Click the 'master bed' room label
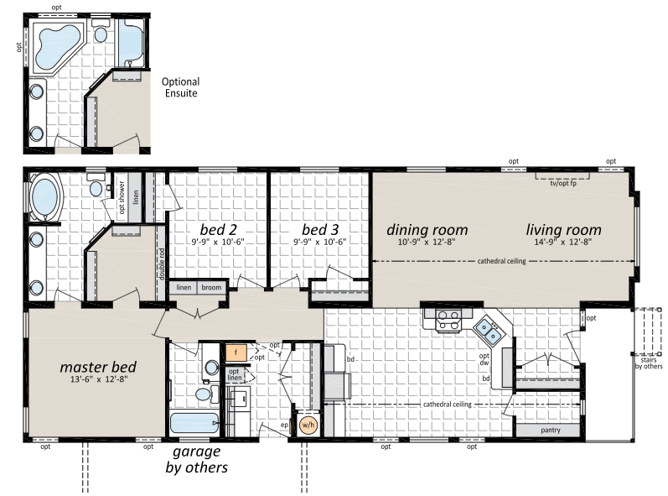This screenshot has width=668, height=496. (98, 368)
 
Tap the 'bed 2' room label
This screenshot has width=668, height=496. (218, 229)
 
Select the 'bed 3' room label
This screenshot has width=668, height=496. (320, 229)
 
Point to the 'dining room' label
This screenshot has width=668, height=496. (427, 230)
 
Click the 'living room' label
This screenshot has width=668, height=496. (563, 230)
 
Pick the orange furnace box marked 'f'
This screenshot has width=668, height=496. (236, 352)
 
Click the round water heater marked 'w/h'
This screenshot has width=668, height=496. (308, 425)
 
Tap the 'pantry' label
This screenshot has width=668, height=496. (551, 431)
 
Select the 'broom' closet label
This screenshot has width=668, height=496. (211, 288)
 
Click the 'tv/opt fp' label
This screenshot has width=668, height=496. (562, 183)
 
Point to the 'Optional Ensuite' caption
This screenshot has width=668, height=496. (181, 87)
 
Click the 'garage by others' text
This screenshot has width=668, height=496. (196, 459)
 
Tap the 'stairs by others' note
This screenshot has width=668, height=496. (649, 363)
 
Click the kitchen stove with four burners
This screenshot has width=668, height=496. (448, 321)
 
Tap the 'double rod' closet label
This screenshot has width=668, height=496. (161, 264)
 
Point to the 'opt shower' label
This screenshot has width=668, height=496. (122, 197)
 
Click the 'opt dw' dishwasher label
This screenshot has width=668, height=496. (484, 359)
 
